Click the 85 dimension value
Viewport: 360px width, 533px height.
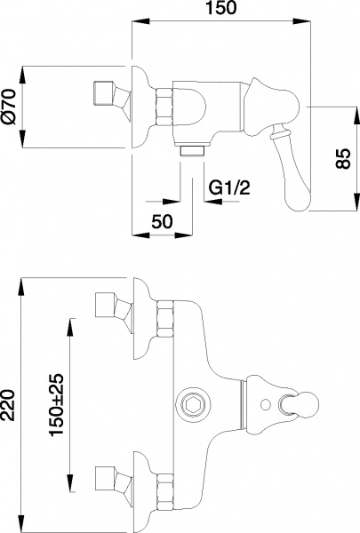click(x=349, y=159)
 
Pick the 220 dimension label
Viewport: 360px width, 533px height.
click(x=12, y=404)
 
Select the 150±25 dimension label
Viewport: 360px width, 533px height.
click(x=56, y=404)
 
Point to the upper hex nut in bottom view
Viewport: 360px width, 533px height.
click(x=164, y=317)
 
